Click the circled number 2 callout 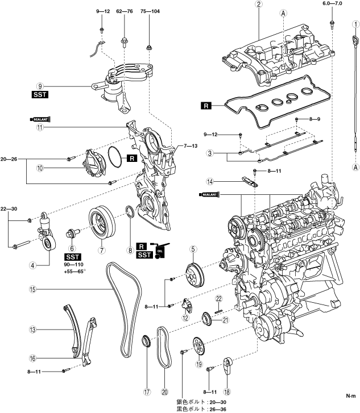pyautogui.click(x=259, y=4)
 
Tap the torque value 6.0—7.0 pyautogui.click(x=332, y=3)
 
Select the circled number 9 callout pyautogui.click(x=40, y=86)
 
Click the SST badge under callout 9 pyautogui.click(x=40, y=94)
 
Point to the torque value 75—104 pyautogui.click(x=150, y=11)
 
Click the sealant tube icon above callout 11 pyautogui.click(x=40, y=119)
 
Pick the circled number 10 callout pyautogui.click(x=40, y=168)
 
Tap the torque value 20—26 pyautogui.click(x=9, y=159)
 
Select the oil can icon pyautogui.click(x=160, y=250)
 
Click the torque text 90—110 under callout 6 pyautogui.click(x=73, y=265)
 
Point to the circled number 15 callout pyautogui.click(x=32, y=290)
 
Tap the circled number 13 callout pyautogui.click(x=32, y=329)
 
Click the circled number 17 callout pyautogui.click(x=147, y=392)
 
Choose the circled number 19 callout pyautogui.click(x=199, y=364)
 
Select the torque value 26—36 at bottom pyautogui.click(x=218, y=410)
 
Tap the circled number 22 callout pyautogui.click(x=219, y=298)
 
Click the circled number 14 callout pyautogui.click(x=210, y=181)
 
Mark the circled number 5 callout pyautogui.click(x=193, y=249)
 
